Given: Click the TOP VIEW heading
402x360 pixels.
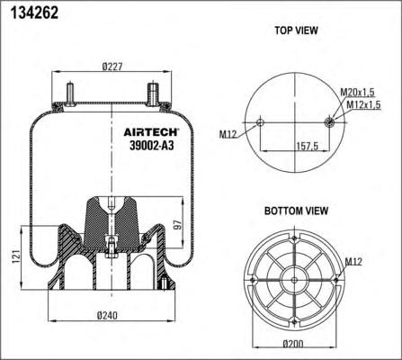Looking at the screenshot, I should (x=296, y=31).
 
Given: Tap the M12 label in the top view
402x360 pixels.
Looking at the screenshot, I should (x=228, y=135).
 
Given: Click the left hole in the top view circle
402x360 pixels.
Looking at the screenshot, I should (x=261, y=121).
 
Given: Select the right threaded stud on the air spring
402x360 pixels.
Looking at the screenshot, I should (x=152, y=93).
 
